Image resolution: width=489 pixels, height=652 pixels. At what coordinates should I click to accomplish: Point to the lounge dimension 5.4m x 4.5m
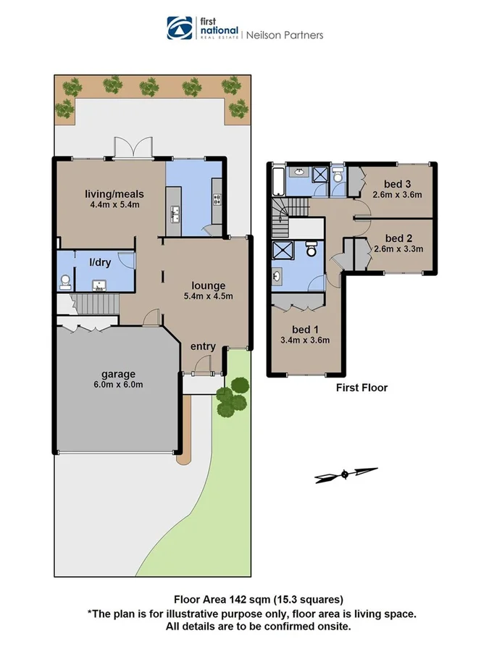(208, 296)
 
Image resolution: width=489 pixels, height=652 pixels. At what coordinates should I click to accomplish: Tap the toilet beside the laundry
(65, 281)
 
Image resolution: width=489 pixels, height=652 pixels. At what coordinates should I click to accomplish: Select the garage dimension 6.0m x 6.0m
(117, 385)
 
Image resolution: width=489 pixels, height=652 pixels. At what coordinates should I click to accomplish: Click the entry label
(202, 346)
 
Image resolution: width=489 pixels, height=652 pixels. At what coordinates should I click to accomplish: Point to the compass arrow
(346, 474)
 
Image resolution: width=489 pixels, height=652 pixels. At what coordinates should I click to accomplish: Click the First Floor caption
(361, 388)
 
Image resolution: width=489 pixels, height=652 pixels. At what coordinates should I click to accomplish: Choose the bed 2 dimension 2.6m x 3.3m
(397, 249)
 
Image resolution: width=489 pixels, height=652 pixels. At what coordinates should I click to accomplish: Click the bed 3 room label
(397, 184)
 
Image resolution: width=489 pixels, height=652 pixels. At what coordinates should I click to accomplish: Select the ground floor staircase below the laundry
(95, 303)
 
